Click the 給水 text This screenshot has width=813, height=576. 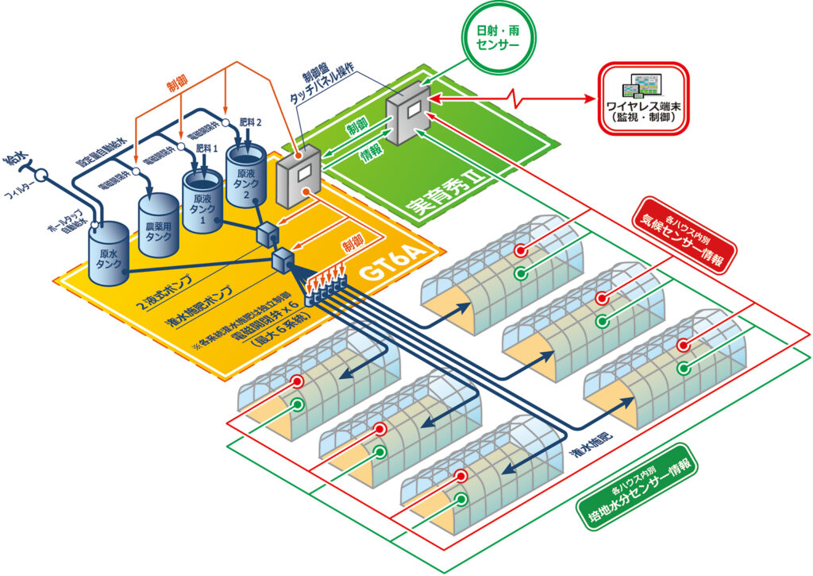tap(15, 163)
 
